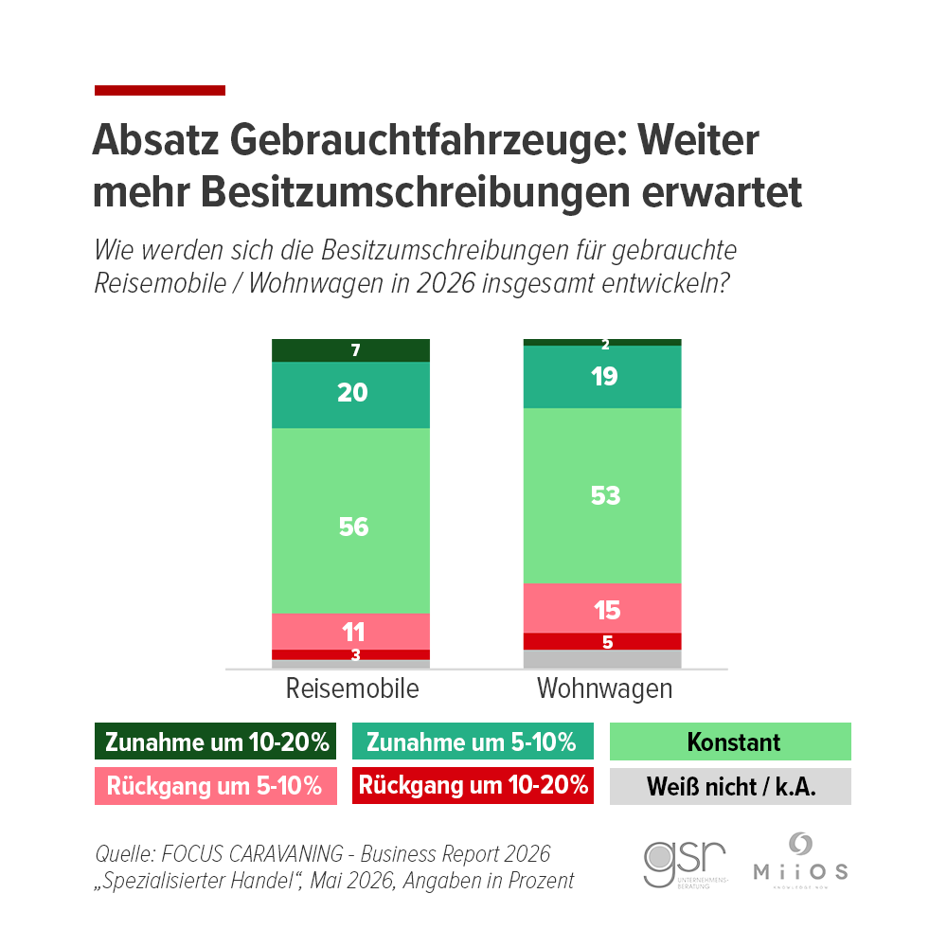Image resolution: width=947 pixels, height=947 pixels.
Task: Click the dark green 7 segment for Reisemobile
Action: [351, 350]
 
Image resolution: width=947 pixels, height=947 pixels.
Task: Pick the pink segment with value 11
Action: [351, 631]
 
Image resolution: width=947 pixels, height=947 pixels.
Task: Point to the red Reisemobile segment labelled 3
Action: [351, 654]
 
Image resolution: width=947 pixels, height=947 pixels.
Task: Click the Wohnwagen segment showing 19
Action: [604, 377]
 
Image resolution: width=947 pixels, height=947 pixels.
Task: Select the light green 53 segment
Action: [604, 495]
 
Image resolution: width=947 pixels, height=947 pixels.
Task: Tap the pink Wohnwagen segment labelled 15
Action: [604, 608]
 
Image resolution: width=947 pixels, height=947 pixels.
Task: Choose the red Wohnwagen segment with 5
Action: [604, 641]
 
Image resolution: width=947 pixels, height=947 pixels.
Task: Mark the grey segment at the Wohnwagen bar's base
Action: [604, 659]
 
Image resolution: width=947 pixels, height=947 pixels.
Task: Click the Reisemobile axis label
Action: [351, 688]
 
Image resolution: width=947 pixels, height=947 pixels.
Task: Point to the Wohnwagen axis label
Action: [604, 688]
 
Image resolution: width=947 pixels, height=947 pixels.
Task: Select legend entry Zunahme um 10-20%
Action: [216, 742]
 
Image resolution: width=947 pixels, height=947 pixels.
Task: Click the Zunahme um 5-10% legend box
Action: [473, 742]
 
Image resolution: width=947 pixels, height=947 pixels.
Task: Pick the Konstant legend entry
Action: [730, 742]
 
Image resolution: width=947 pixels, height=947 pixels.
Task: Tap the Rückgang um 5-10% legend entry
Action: [216, 786]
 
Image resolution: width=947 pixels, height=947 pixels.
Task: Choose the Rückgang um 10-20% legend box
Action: [473, 786]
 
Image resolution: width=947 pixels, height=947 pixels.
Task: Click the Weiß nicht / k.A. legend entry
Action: [730, 786]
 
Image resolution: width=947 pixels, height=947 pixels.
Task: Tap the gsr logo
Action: [685, 861]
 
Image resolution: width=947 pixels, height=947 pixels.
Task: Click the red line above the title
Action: [160, 91]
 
